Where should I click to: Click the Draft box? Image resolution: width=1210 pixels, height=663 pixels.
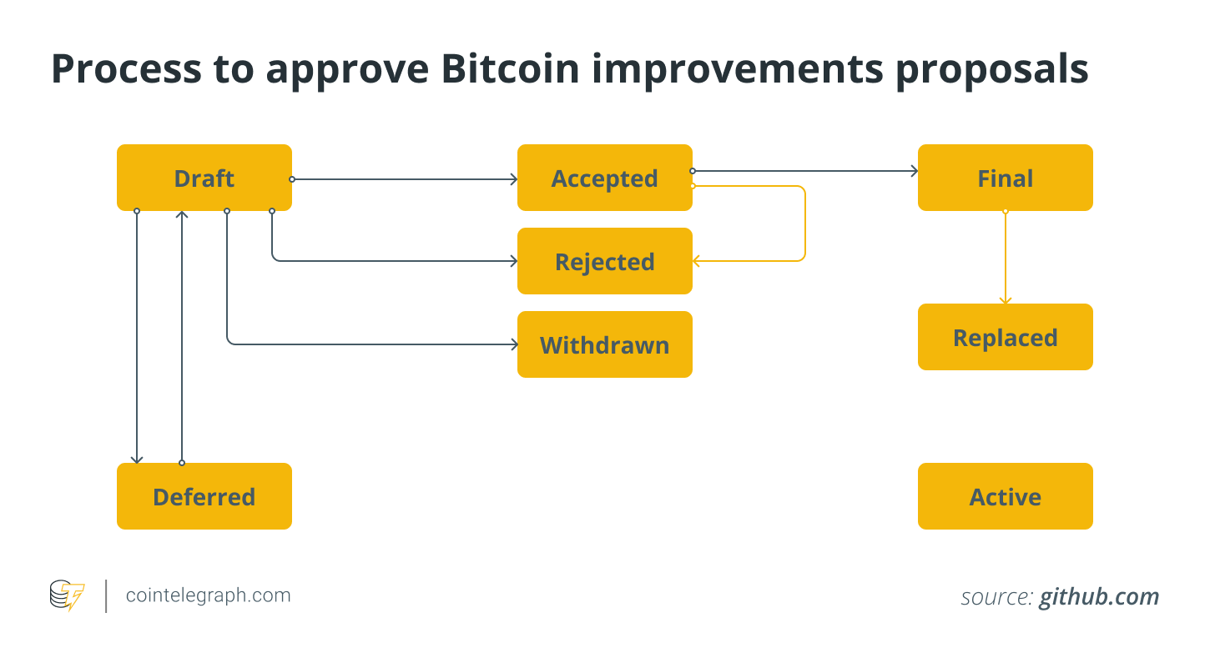pyautogui.click(x=204, y=178)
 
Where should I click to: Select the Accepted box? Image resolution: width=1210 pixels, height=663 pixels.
pyautogui.click(x=604, y=178)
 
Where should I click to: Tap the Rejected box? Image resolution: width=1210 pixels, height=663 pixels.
pyautogui.click(x=604, y=261)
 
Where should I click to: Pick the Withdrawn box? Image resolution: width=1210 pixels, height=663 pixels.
pyautogui.click(x=604, y=344)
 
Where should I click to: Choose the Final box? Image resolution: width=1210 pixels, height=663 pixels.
pyautogui.click(x=1006, y=178)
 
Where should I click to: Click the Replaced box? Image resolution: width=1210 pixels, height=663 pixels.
pyautogui.click(x=1006, y=337)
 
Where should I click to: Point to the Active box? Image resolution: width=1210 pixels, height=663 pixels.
pyautogui.click(x=1006, y=496)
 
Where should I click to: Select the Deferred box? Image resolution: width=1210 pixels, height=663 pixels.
pyautogui.click(x=204, y=496)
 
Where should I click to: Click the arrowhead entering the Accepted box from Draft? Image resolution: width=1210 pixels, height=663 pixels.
pyautogui.click(x=514, y=179)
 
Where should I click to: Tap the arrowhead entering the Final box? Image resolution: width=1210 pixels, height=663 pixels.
pyautogui.click(x=915, y=171)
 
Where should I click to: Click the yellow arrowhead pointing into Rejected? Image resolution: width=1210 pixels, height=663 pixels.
pyautogui.click(x=696, y=261)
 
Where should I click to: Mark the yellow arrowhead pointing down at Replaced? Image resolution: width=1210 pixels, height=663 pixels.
pyautogui.click(x=1006, y=300)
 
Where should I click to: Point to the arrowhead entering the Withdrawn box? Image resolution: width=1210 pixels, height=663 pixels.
pyautogui.click(x=514, y=344)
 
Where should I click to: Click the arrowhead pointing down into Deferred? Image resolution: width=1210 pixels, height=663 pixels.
pyautogui.click(x=137, y=460)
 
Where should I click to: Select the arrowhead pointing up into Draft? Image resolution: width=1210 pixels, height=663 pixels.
pyautogui.click(x=182, y=214)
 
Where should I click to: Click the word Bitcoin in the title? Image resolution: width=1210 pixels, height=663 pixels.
pyautogui.click(x=510, y=69)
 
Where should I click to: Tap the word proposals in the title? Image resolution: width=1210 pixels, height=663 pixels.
pyautogui.click(x=991, y=71)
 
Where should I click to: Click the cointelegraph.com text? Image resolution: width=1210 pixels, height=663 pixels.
pyautogui.click(x=208, y=595)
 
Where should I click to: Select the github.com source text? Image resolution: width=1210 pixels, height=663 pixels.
pyautogui.click(x=1099, y=596)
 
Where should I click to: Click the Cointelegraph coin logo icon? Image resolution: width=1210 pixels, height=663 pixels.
pyautogui.click(x=67, y=595)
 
